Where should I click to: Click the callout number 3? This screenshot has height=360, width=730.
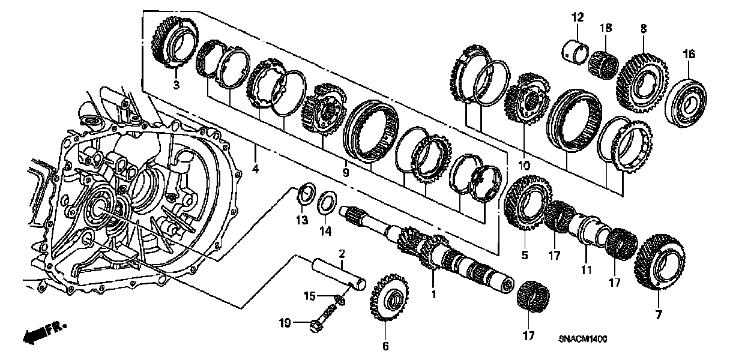[176, 85]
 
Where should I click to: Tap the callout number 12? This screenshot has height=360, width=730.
[578, 19]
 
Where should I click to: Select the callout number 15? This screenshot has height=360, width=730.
[309, 295]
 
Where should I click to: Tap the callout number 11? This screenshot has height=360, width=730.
[587, 271]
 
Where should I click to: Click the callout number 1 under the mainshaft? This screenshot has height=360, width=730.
[433, 295]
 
